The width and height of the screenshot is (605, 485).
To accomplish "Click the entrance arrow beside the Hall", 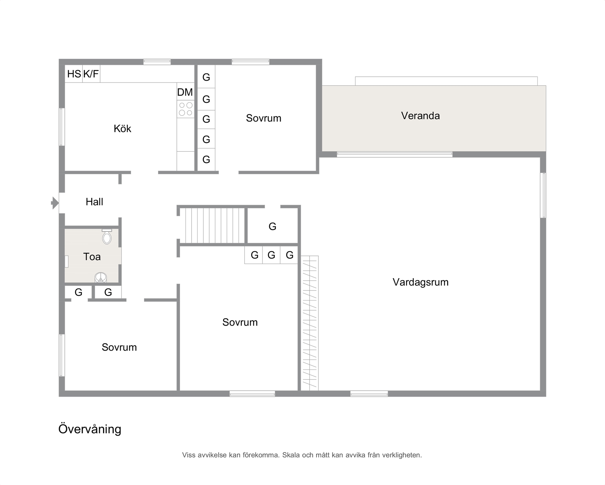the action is point(55,203).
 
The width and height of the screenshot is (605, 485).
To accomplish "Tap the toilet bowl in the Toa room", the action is point(107,237).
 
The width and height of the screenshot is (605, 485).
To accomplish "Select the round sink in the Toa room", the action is point(100,277).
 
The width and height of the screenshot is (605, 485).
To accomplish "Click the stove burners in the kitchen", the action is point(185,109).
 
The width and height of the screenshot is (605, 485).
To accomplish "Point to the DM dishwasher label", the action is point(185,92).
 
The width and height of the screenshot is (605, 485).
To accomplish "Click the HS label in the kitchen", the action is point(74,74).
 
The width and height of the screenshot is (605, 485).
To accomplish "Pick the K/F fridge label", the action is point(91,74).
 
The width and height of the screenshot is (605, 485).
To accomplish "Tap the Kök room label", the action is point(122,129).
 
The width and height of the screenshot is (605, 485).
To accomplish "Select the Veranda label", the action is point(420,116).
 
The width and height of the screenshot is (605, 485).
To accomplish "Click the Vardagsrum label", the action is point(421,282).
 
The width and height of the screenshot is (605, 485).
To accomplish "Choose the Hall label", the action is point(94,202).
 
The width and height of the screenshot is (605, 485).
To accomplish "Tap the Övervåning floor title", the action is point(90,429).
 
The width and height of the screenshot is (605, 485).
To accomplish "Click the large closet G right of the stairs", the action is point(273,226).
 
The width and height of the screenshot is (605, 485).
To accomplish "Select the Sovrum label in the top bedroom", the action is point(264,118).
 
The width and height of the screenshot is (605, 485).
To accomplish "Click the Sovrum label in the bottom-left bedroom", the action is point(119,347).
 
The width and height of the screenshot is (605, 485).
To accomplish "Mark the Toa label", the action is point(92,257).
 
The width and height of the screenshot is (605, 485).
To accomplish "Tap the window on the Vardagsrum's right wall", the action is point(543,195).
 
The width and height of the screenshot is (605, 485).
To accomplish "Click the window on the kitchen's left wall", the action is point(62,127).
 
